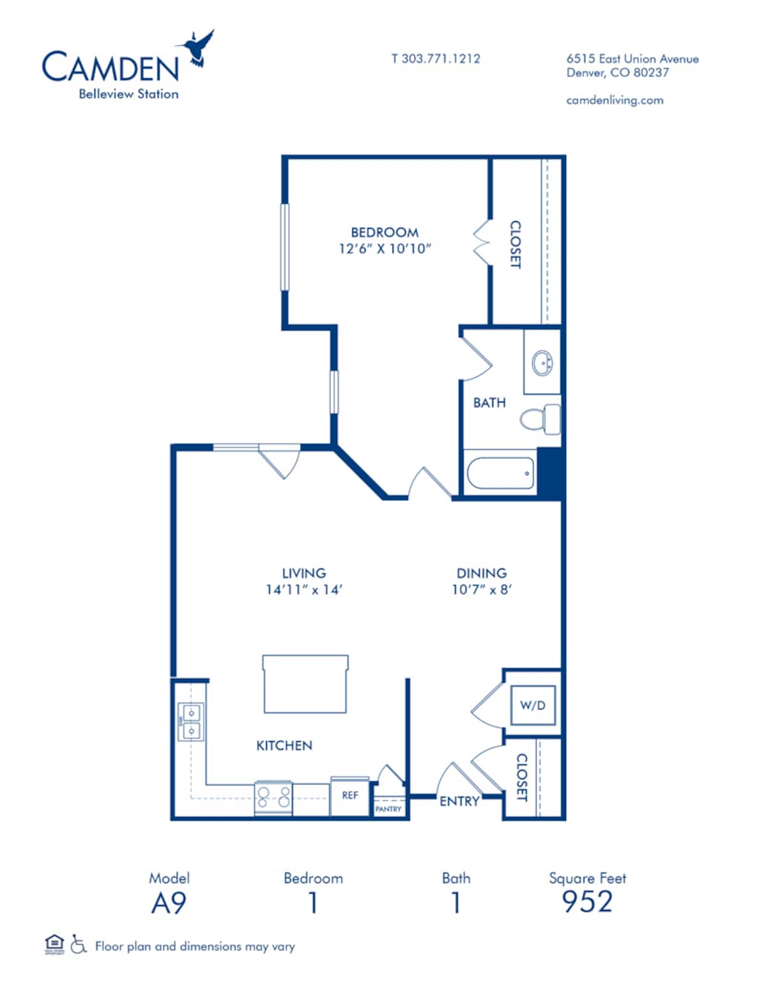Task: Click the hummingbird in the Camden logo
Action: tap(198, 48)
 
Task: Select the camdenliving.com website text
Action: tap(614, 100)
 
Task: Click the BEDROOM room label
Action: tap(384, 233)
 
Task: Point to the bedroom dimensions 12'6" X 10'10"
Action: tap(384, 249)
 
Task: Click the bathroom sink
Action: tap(543, 363)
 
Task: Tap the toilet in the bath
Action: tap(539, 419)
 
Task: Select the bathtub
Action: tap(500, 473)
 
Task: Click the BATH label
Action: tap(489, 403)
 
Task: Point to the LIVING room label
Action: tap(304, 573)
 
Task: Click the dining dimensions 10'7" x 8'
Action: tap(481, 590)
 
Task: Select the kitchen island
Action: tap(305, 683)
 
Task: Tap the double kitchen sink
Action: tap(191, 722)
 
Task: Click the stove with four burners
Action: tap(273, 798)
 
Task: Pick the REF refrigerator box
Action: tap(350, 796)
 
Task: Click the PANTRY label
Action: tap(388, 809)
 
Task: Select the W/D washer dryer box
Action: tap(532, 706)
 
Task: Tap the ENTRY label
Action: tap(459, 801)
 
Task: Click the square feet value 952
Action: tap(587, 902)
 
